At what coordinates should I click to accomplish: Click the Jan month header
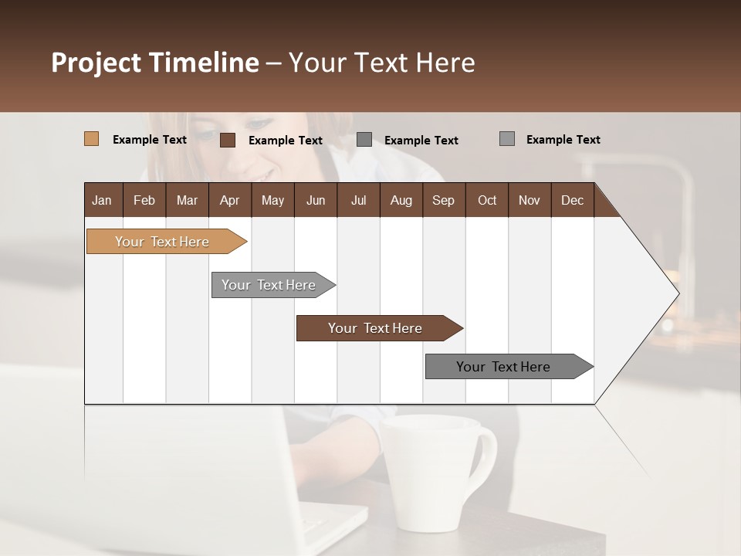pyautogui.click(x=102, y=200)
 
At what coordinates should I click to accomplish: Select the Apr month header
pyautogui.click(x=229, y=200)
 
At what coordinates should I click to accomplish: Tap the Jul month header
pyautogui.click(x=358, y=200)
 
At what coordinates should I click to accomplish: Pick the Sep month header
pyautogui.click(x=443, y=200)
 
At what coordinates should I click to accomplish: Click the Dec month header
pyautogui.click(x=572, y=200)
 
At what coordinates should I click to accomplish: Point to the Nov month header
pyautogui.click(x=529, y=200)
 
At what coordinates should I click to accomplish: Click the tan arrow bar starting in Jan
pyautogui.click(x=162, y=242)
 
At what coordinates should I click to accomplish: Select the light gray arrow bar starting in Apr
pyautogui.click(x=269, y=285)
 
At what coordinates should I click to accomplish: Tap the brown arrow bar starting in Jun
pyautogui.click(x=375, y=328)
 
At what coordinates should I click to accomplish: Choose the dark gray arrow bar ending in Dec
pyautogui.click(x=503, y=367)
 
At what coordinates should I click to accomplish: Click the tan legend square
pyautogui.click(x=91, y=139)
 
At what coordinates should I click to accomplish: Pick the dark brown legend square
pyautogui.click(x=228, y=140)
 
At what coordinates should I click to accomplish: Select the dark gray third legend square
pyautogui.click(x=364, y=139)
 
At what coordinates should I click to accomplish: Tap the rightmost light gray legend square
pyautogui.click(x=507, y=139)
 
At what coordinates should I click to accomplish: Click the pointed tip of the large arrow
pyautogui.click(x=677, y=293)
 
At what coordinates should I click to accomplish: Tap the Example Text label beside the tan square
pyautogui.click(x=150, y=140)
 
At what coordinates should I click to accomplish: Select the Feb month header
pyautogui.click(x=144, y=200)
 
